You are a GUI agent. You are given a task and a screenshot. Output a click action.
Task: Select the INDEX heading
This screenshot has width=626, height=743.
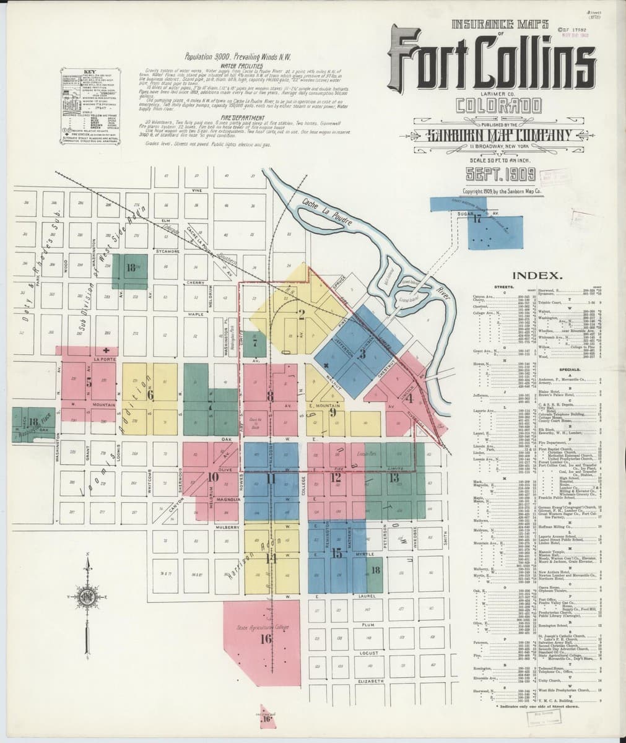pyautogui.click(x=536, y=275)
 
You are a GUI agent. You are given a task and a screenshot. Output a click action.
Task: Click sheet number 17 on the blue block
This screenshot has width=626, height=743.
pyautogui.click(x=477, y=219)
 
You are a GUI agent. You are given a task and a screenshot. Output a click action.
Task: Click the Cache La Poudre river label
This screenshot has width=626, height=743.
pyautogui.click(x=327, y=214)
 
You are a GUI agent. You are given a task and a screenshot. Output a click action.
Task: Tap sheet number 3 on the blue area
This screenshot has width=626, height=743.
pyautogui.click(x=363, y=354)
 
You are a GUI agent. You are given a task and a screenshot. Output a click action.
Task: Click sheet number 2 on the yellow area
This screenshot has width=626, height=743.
pyautogui.click(x=302, y=313)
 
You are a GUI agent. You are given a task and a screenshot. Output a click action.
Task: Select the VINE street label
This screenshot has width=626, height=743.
pyautogui.click(x=197, y=189)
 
